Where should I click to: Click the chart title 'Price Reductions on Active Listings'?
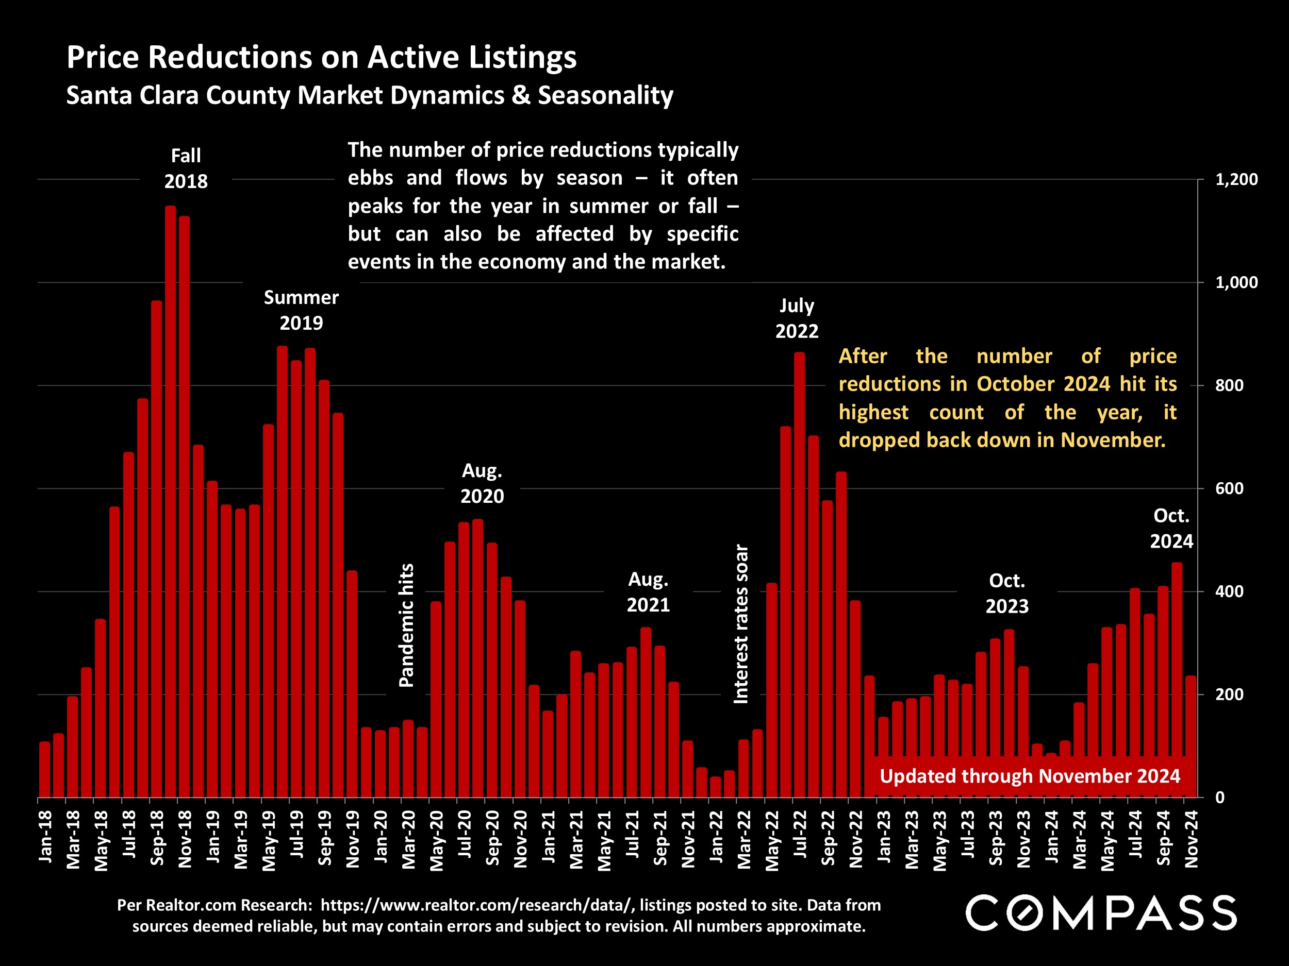321,58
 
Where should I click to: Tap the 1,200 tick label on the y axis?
1236,179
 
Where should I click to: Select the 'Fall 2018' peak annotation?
186,168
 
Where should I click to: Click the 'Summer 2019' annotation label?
301,310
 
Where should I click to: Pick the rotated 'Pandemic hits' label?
406,625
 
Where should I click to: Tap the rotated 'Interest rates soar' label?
740,624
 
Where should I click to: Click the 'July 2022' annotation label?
797,318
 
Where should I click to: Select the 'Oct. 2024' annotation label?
1171,528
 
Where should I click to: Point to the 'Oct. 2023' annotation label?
1007,594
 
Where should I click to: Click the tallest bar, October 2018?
170,501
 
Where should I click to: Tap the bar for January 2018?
44,769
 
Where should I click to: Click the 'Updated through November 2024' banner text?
1030,776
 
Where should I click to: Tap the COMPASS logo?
1101,912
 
